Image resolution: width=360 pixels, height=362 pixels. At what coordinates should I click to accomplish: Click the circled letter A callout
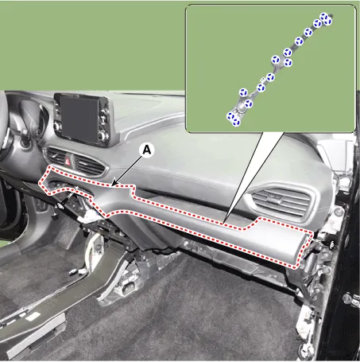click(x=147, y=150)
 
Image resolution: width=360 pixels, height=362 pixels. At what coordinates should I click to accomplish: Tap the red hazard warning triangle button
click(x=69, y=160)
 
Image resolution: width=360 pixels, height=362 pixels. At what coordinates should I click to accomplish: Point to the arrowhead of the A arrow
click(x=113, y=184)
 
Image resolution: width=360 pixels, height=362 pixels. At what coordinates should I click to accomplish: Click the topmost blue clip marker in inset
click(x=323, y=17)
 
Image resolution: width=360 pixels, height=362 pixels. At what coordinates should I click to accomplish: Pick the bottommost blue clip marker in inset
click(x=235, y=122)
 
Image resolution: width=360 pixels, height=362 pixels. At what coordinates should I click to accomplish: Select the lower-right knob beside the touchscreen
click(x=103, y=136)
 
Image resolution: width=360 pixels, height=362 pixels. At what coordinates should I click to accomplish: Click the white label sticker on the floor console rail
click(x=33, y=317)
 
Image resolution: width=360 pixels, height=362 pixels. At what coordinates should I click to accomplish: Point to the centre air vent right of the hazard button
click(x=88, y=165)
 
